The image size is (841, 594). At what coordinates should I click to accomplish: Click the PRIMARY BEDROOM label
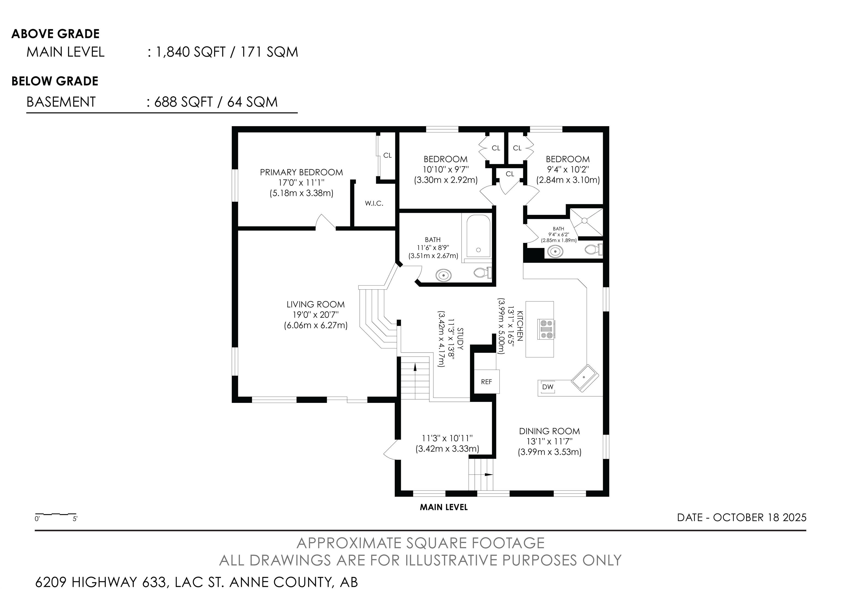click(x=301, y=172)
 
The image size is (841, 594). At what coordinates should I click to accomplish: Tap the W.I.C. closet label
click(x=374, y=203)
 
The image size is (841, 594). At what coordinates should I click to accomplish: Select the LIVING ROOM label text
click(x=315, y=304)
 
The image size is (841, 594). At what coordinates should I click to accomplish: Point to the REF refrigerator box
click(x=486, y=382)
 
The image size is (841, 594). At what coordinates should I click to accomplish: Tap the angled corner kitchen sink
click(x=585, y=378)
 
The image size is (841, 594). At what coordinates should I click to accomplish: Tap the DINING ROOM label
click(x=549, y=431)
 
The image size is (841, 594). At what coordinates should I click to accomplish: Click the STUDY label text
click(x=460, y=339)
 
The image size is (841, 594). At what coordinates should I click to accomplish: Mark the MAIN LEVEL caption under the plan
click(x=443, y=507)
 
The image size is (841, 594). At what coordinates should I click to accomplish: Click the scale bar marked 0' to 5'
click(x=56, y=516)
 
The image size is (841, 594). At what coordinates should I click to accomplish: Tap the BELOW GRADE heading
click(x=55, y=81)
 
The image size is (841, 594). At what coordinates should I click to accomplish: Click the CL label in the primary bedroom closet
click(x=388, y=155)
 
